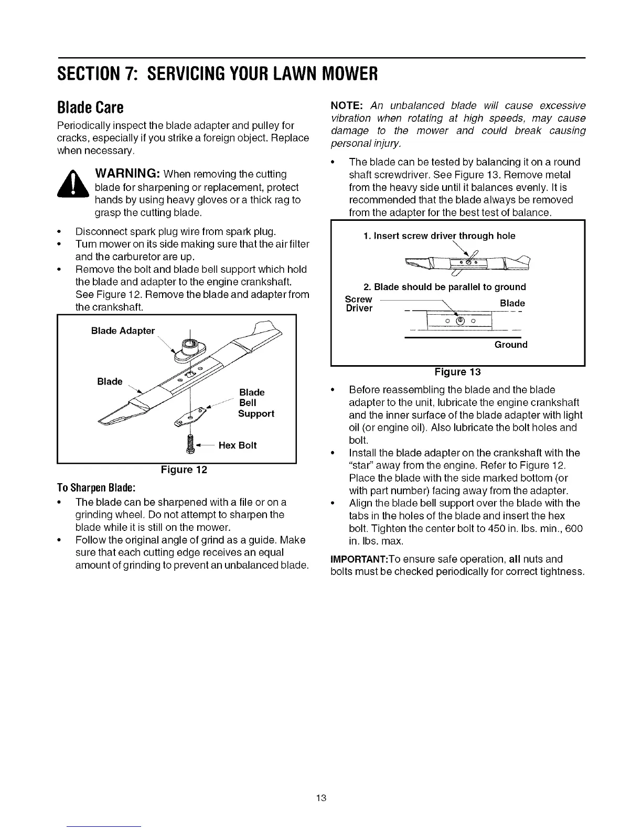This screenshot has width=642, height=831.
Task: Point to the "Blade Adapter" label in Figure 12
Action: [x=123, y=331]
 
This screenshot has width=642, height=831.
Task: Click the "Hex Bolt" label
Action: [x=237, y=445]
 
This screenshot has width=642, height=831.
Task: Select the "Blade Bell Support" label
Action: [x=255, y=403]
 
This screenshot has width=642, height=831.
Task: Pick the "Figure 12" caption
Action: [x=184, y=470]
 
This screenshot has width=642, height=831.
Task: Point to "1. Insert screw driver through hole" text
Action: [x=438, y=236]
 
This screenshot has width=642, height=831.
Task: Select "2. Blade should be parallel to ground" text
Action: [x=444, y=287]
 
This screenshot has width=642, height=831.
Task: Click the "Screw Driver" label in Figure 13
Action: [x=359, y=303]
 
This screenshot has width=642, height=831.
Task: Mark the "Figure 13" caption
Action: [x=457, y=372]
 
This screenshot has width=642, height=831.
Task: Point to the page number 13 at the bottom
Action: [x=322, y=798]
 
